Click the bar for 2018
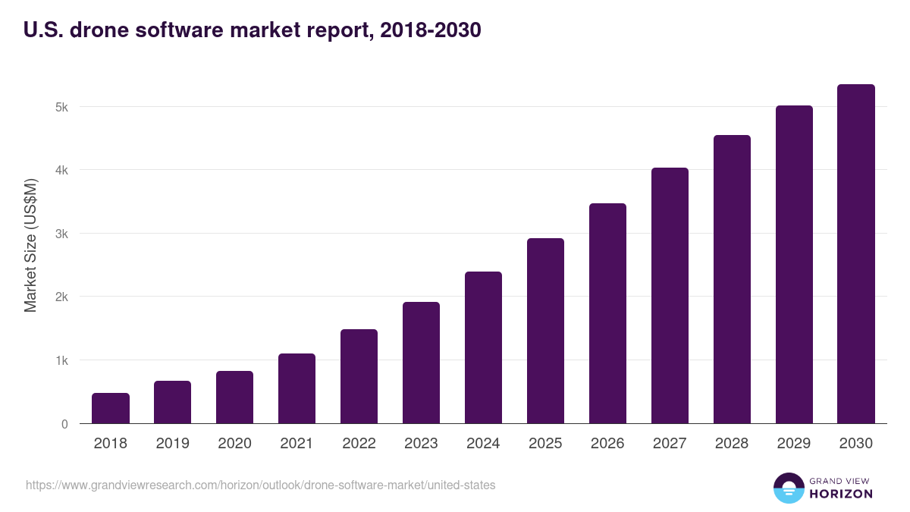(x=111, y=408)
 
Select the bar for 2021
(x=297, y=388)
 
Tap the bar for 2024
(x=483, y=347)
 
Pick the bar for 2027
(x=670, y=296)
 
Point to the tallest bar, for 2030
(x=856, y=254)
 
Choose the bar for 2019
(x=173, y=402)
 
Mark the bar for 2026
(x=607, y=313)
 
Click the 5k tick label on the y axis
(x=61, y=107)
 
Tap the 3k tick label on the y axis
(x=61, y=234)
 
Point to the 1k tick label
(x=61, y=360)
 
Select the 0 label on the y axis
(x=64, y=424)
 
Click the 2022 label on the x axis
(x=359, y=444)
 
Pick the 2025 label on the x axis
(x=545, y=444)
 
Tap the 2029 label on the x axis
(x=794, y=444)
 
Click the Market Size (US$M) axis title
(x=30, y=244)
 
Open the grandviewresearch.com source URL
(x=260, y=485)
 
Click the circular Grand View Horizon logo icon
(x=789, y=488)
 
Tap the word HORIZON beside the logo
(x=841, y=494)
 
